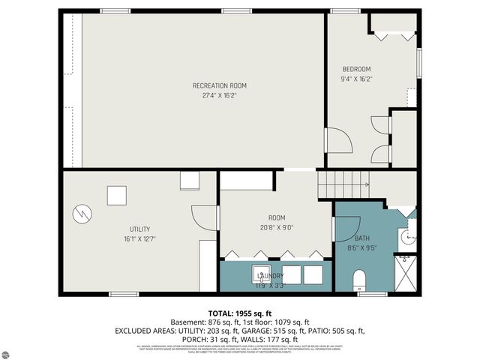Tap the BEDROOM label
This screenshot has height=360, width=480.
point(356,69)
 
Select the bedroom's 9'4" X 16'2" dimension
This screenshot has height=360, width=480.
point(356,78)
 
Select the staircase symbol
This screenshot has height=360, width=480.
point(343,184)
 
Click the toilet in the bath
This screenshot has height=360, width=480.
point(359,281)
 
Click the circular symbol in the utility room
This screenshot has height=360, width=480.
point(80,214)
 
